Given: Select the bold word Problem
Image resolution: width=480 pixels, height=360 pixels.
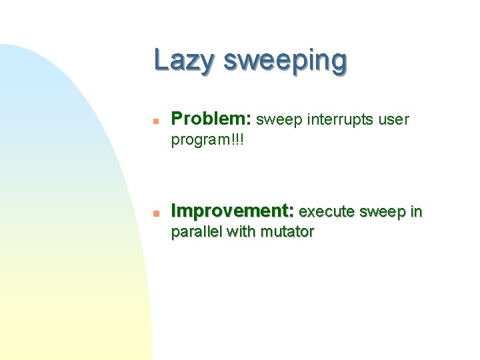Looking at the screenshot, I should [209, 119].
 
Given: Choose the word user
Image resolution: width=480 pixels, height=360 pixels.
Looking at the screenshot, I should [394, 121].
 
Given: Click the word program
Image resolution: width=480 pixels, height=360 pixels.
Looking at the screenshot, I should [199, 141].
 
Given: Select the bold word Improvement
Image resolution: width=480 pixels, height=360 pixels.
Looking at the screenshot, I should [231, 212].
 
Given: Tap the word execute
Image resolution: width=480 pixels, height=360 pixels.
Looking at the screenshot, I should [327, 213].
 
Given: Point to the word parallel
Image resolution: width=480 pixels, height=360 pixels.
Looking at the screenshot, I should [197, 232].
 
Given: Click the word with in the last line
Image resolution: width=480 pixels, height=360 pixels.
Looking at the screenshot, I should [242, 232].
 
